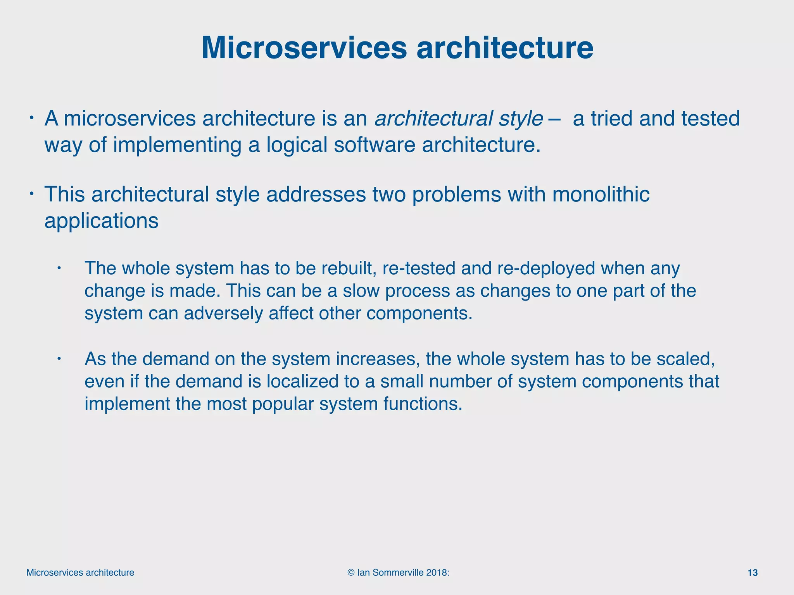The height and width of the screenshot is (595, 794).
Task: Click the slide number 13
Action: tap(753, 573)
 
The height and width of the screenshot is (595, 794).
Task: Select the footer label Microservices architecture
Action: tap(80, 573)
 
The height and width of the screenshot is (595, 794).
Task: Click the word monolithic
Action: tap(601, 194)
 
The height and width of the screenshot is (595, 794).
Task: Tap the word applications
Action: tap(102, 221)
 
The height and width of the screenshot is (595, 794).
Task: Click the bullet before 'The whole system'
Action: tap(59, 268)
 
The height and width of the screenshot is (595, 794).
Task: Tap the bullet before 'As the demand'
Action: tap(59, 358)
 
